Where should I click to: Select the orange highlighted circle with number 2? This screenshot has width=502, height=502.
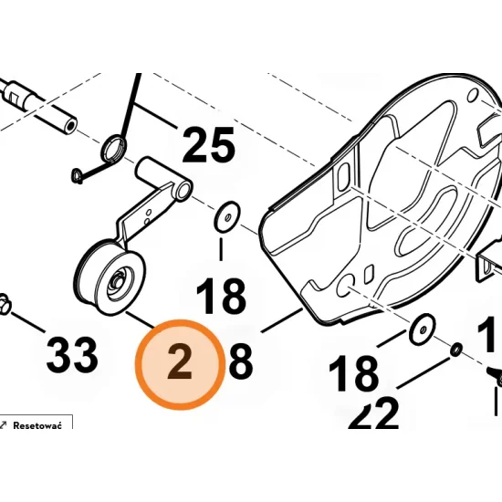(180, 365)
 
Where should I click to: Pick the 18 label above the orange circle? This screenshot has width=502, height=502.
(222, 298)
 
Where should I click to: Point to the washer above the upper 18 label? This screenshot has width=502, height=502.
(223, 219)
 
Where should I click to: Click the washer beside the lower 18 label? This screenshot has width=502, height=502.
(421, 329)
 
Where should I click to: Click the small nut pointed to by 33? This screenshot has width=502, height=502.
(6, 303)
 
